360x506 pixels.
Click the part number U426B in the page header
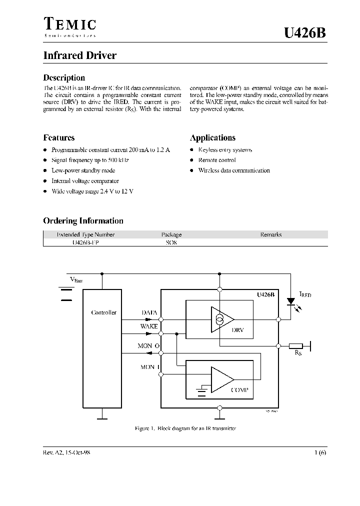(x=304, y=33)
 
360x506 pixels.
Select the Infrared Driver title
(x=79, y=55)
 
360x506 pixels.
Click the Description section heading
(x=64, y=77)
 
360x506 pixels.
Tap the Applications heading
(x=212, y=137)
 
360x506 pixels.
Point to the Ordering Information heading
(x=83, y=220)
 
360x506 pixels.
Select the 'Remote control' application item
(x=217, y=160)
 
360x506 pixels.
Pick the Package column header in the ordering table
(x=171, y=234)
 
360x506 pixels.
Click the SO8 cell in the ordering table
(x=171, y=242)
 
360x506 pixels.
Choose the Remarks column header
(x=271, y=234)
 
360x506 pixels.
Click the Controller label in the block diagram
(x=103, y=312)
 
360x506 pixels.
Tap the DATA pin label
(x=149, y=312)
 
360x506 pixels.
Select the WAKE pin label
(x=149, y=326)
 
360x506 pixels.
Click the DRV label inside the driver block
(x=238, y=330)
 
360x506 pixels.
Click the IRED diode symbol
(x=290, y=301)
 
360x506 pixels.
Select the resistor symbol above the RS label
(x=296, y=345)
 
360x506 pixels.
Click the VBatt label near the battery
(x=76, y=279)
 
